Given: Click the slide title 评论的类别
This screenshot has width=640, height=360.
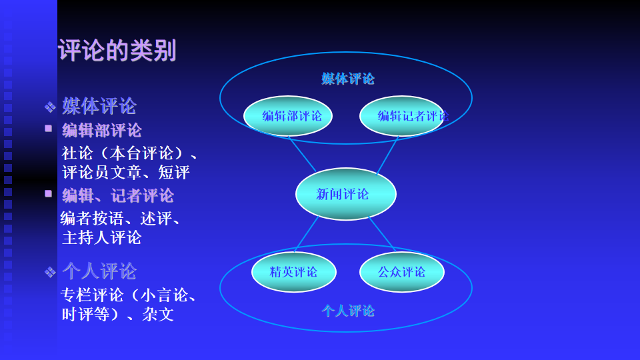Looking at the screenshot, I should pos(117,51).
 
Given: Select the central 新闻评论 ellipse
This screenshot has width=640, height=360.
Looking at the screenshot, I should pos(345,194).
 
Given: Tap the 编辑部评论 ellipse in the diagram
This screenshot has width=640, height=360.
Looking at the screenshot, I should pos(288,116).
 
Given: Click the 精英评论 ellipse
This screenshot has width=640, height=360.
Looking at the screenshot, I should pos(293,272).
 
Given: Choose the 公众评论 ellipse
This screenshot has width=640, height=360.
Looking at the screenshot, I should pos(401,272).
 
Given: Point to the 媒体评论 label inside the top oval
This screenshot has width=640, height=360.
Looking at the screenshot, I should pos(348,79).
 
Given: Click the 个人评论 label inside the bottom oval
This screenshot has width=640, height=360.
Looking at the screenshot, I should pos(348,311).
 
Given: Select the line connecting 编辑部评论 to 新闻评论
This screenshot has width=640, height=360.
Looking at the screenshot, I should pos(302,154).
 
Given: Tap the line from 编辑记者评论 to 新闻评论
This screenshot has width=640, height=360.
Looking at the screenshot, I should pos(387,155).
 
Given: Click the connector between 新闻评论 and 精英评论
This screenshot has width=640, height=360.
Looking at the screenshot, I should pos(307,234).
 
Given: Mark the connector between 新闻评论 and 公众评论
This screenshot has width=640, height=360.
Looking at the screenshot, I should pos(383,233).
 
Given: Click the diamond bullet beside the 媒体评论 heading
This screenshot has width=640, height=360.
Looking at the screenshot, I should pos(50,107).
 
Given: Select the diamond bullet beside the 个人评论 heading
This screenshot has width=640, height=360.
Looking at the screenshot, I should pos(50,272).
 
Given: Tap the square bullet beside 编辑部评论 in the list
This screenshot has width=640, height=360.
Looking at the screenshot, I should pos(49,129).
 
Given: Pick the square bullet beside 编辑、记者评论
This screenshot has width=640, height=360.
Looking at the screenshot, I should pos(49,193).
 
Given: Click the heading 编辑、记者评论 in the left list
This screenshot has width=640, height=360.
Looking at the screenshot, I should pos(118,195).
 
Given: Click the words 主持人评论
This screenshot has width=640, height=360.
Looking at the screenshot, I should pos(101,237).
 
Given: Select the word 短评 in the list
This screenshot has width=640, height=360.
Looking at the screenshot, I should pos(174,173).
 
